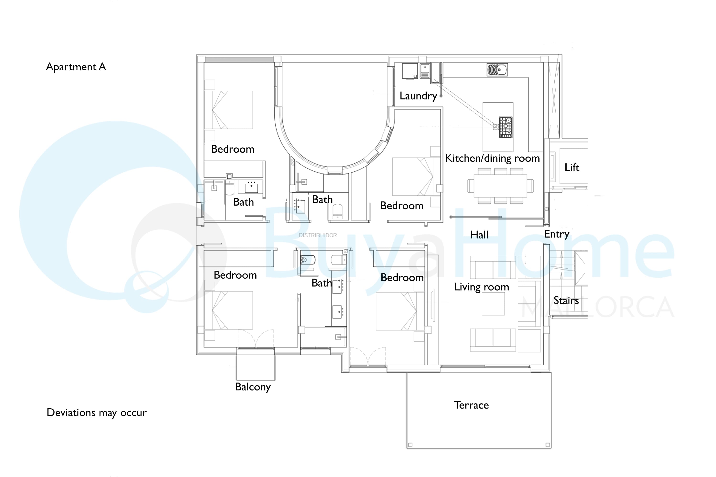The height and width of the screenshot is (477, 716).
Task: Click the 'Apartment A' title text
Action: pyautogui.click(x=76, y=67)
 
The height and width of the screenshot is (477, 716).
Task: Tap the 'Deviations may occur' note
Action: pyautogui.click(x=96, y=413)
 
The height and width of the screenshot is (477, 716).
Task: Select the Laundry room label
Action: pyautogui.click(x=418, y=96)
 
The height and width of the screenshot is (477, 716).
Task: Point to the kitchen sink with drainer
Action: pyautogui.click(x=497, y=70)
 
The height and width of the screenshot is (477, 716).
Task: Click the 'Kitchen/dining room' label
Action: pyautogui.click(x=492, y=158)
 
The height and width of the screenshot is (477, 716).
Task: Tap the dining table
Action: pyautogui.click(x=500, y=186)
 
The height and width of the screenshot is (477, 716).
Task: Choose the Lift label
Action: pyautogui.click(x=572, y=168)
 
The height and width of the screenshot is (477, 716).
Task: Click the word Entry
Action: pyautogui.click(x=557, y=234)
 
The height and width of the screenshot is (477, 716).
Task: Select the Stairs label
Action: pyautogui.click(x=566, y=301)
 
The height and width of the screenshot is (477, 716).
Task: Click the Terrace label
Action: pyautogui.click(x=471, y=405)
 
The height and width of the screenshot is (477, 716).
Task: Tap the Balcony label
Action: pyautogui.click(x=253, y=387)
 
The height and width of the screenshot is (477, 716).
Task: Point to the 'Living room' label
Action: pyautogui.click(x=481, y=287)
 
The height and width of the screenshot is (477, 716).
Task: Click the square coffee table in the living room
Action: pyautogui.click(x=493, y=304)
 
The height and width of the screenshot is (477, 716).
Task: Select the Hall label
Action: pyautogui.click(x=479, y=235)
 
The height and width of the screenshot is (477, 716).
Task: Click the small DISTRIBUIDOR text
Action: pyautogui.click(x=318, y=235)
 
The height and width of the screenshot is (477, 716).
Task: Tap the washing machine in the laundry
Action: pyautogui.click(x=410, y=71)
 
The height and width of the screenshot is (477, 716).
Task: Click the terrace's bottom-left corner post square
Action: pyautogui.click(x=410, y=445)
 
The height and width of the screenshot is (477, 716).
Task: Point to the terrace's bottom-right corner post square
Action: pyautogui.click(x=548, y=445)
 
